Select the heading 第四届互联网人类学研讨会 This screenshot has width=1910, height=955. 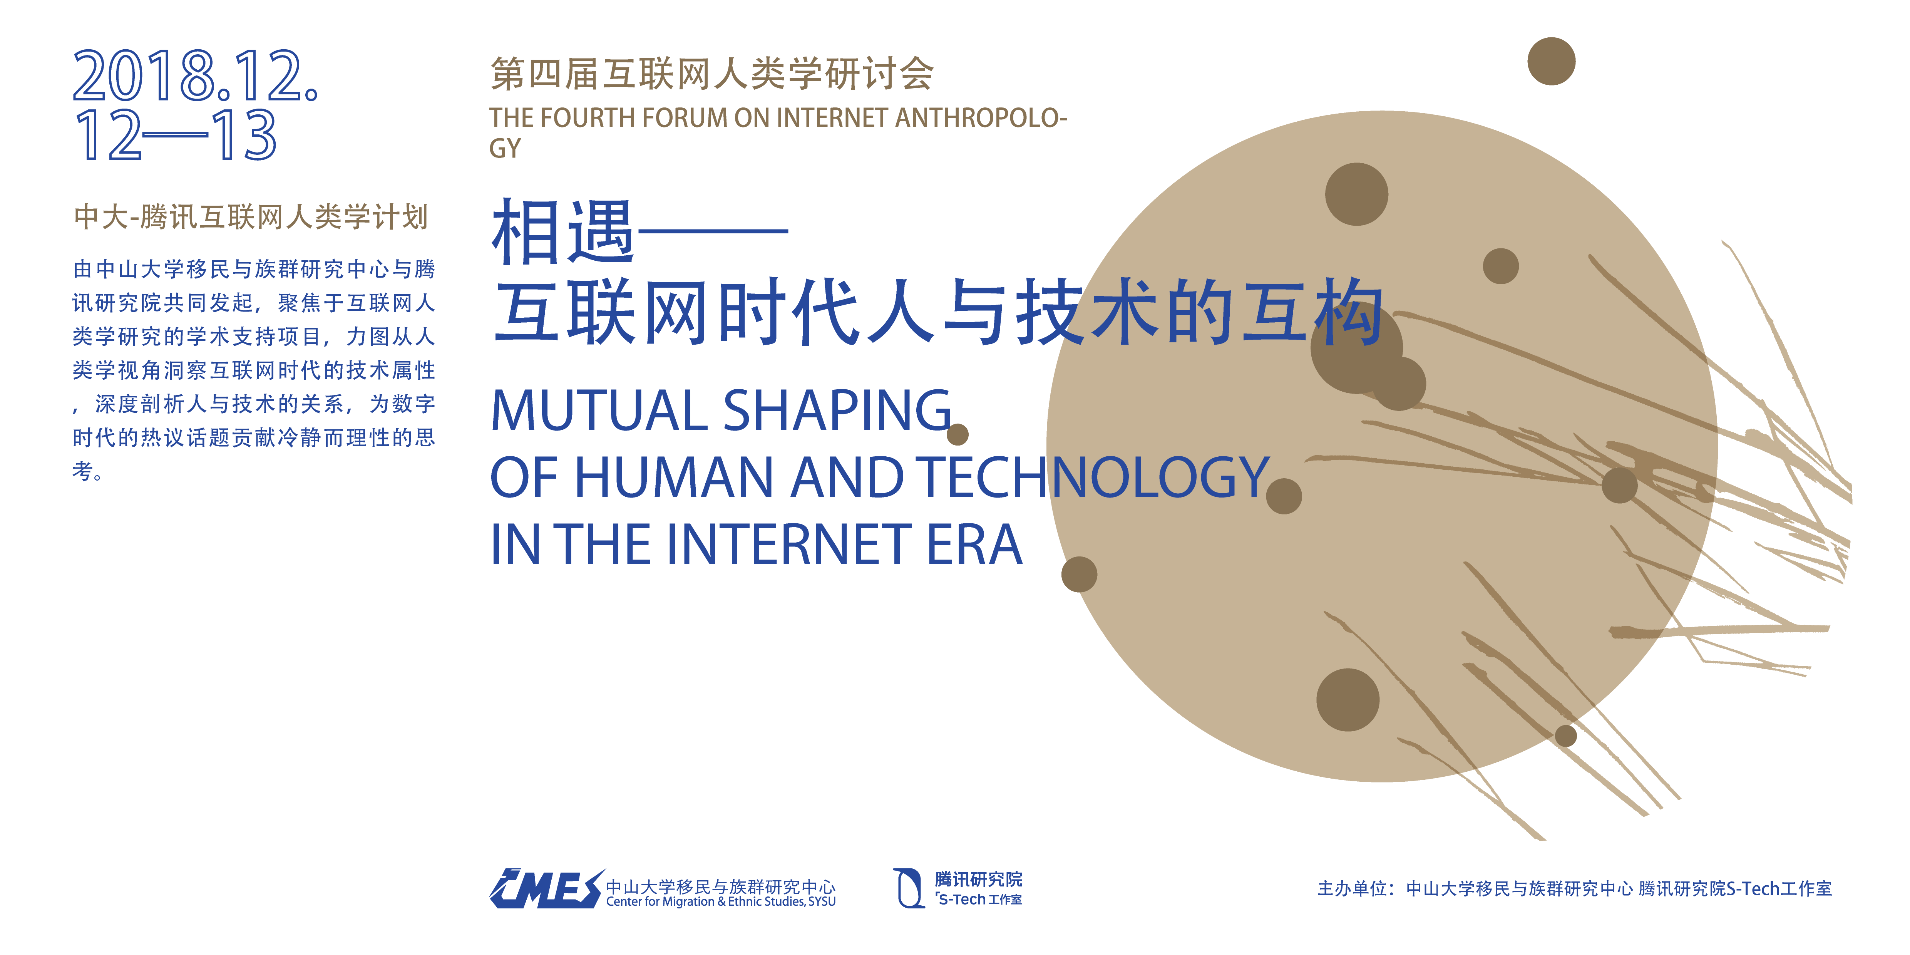pos(712,74)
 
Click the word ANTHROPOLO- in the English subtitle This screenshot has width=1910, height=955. pos(981,118)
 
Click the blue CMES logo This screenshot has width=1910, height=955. pos(546,888)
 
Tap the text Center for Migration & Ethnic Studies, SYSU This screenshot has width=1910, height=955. pos(721,901)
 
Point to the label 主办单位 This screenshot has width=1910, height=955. pos(1352,888)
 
